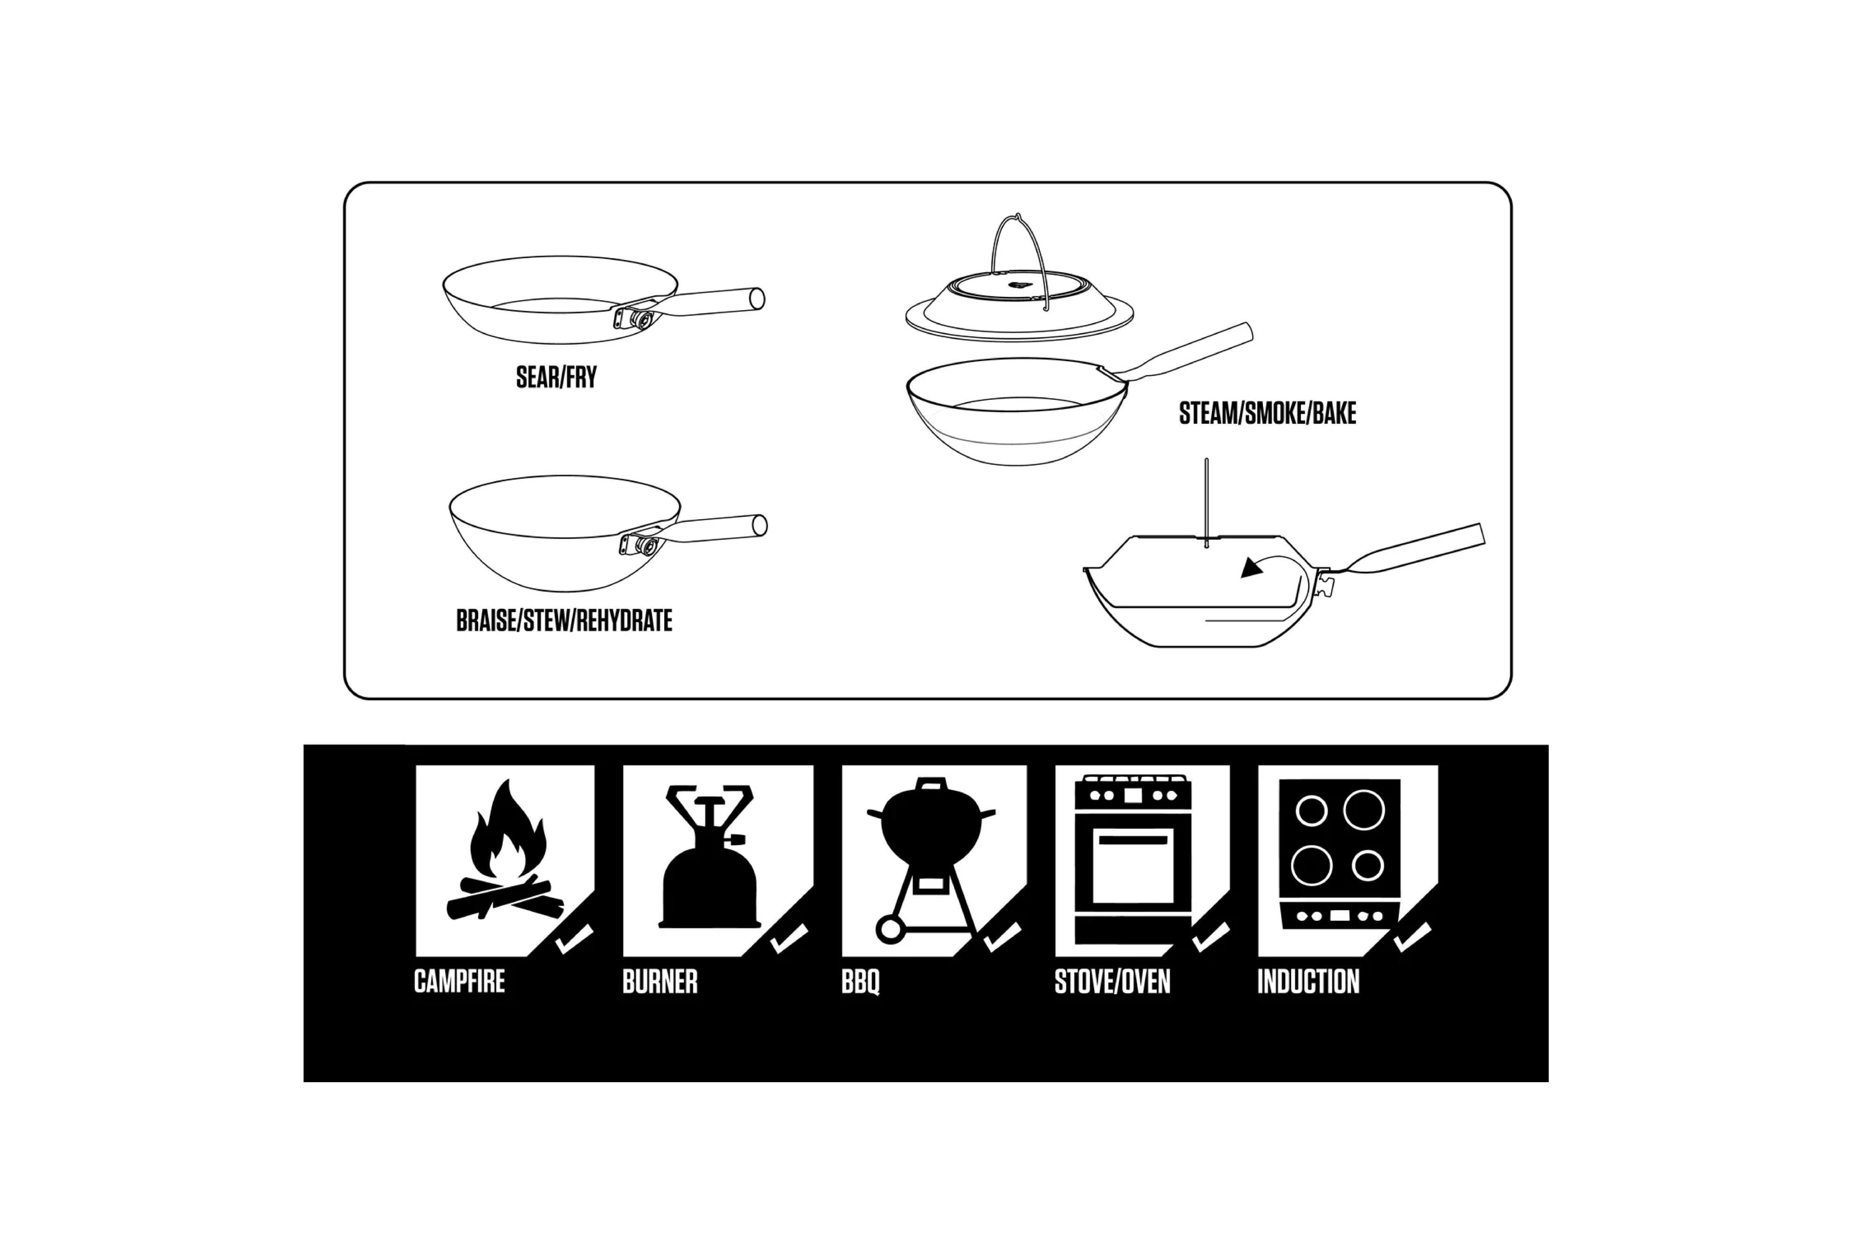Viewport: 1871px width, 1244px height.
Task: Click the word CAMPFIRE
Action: point(459,981)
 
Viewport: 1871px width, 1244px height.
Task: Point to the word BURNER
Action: point(660,981)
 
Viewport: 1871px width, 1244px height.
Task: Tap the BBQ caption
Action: point(860,981)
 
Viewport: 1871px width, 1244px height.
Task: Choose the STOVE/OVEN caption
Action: point(1112,981)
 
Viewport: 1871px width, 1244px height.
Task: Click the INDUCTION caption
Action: point(1308,981)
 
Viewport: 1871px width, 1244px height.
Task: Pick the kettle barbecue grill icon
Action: point(931,841)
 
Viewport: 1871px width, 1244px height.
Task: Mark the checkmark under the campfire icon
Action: point(573,940)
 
